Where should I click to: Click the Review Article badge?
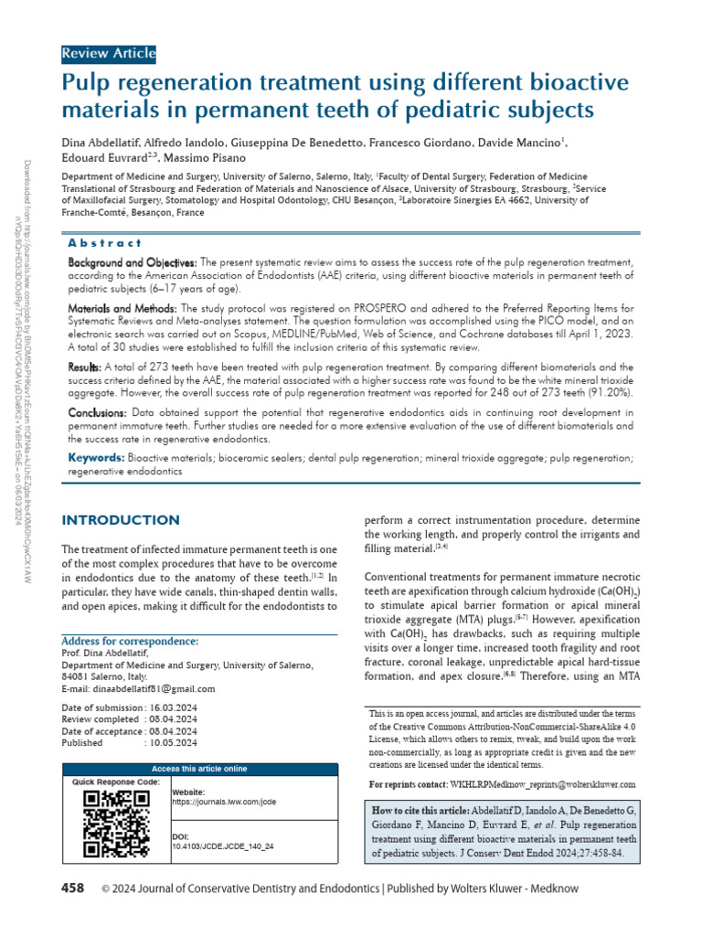[x=108, y=53]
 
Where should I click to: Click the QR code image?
[x=116, y=823]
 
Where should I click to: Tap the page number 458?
[x=72, y=888]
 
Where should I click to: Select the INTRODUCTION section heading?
[x=120, y=520]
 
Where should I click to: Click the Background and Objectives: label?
[x=132, y=262]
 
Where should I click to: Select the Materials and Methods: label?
[x=122, y=309]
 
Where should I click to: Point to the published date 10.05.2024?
[x=173, y=743]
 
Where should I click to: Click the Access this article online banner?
[x=198, y=769]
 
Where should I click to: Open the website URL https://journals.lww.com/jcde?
[x=223, y=802]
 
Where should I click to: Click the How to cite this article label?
[x=420, y=812]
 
